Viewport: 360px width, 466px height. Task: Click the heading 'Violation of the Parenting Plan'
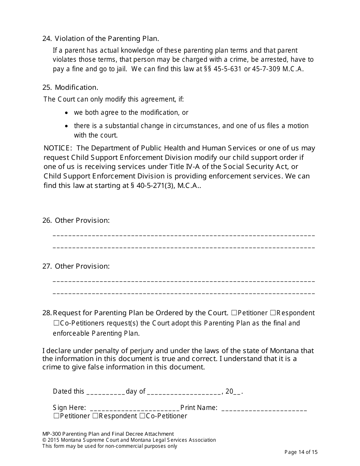[x=107, y=39]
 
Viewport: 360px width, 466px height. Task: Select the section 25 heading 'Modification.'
[x=76, y=88]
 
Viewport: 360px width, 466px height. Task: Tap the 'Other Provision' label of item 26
[x=82, y=220]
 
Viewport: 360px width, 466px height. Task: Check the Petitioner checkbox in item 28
[x=234, y=313]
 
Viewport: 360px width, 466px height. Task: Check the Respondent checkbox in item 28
[x=272, y=313]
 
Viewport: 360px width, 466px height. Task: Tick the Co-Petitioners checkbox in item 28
[x=56, y=323]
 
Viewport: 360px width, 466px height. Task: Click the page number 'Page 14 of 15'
[x=301, y=452]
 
